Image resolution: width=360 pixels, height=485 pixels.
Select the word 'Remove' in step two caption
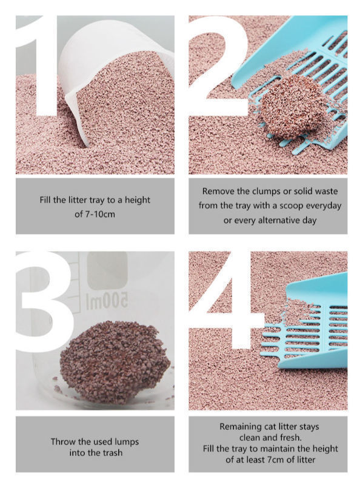[x=218, y=191]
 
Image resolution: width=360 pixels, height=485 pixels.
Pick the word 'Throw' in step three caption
[x=64, y=441]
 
